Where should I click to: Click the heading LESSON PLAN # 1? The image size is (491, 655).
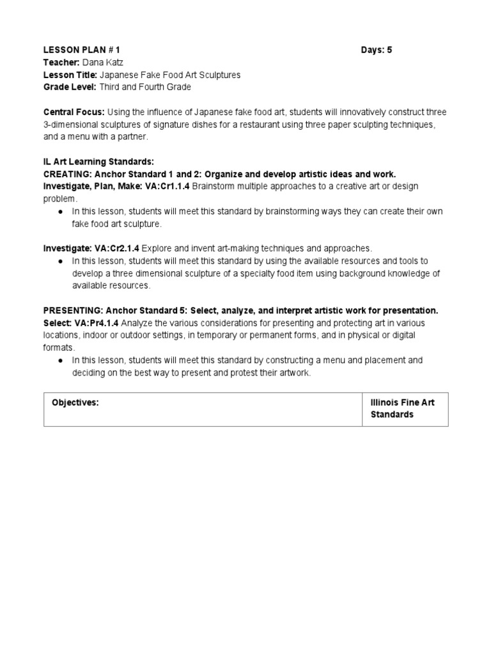pos(81,50)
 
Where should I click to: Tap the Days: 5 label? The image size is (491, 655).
pos(377,50)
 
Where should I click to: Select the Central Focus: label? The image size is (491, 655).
pos(70,112)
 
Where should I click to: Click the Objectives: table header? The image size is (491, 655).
pos(75,403)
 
